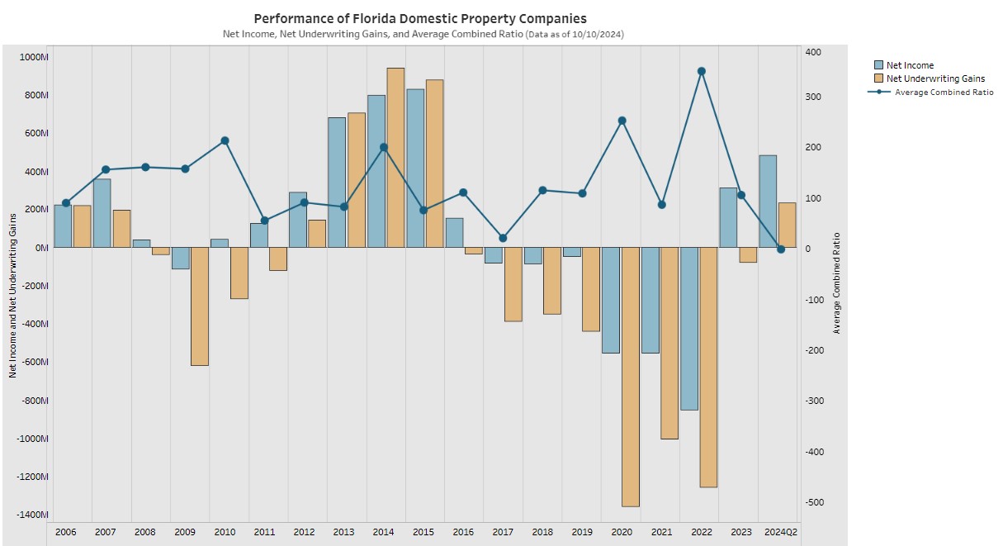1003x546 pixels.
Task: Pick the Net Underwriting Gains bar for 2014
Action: tap(395, 157)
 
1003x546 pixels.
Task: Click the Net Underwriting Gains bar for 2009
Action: tap(199, 306)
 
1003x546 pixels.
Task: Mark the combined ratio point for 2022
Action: tap(701, 71)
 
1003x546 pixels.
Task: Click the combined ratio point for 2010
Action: tap(225, 140)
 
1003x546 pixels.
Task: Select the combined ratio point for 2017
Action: tap(503, 238)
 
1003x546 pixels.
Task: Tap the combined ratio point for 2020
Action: tap(622, 121)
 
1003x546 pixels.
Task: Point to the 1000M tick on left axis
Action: tap(35, 57)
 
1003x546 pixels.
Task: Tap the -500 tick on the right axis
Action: tap(815, 502)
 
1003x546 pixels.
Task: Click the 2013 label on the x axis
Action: tap(343, 531)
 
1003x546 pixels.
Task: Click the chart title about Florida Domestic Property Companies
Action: tap(420, 18)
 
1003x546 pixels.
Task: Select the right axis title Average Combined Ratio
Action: tap(836, 282)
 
